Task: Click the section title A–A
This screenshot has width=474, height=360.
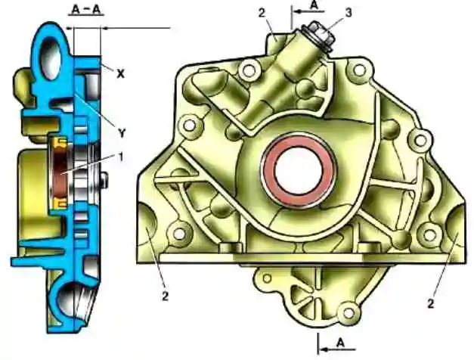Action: coord(86,10)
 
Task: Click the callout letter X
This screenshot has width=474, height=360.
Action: coord(121,74)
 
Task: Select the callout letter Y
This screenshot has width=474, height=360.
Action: coord(122,132)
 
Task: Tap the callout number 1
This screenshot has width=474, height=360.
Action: coord(121,157)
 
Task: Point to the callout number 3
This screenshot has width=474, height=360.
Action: coord(349,13)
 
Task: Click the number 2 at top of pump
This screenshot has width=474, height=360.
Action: coord(262,13)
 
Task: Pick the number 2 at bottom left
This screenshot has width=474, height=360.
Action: coord(165,296)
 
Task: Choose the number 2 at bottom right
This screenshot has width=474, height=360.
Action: coord(431,303)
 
